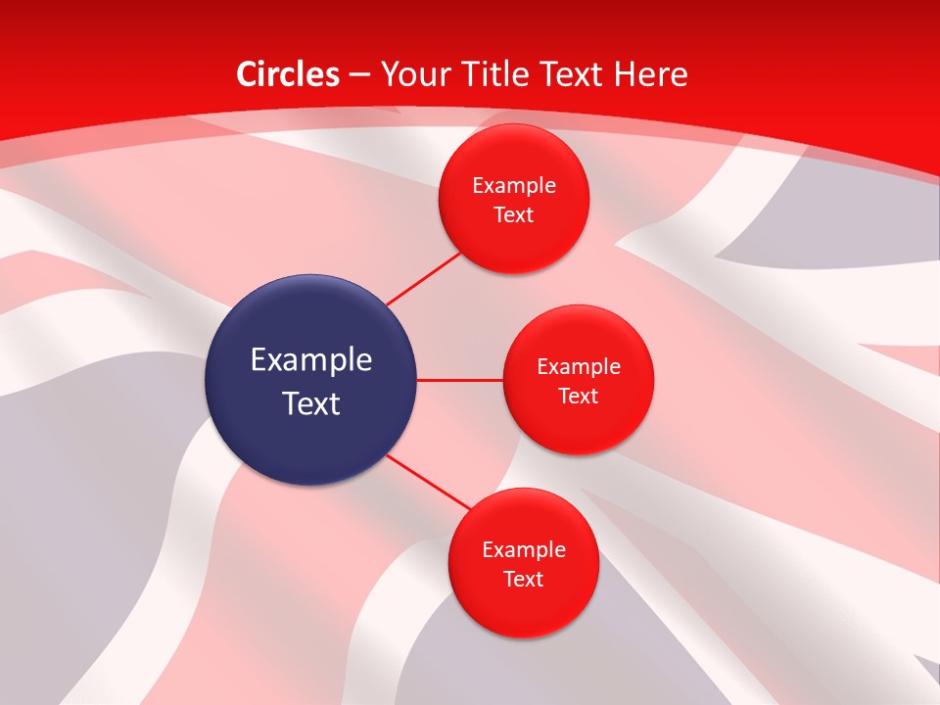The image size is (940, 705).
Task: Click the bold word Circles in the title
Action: tap(288, 74)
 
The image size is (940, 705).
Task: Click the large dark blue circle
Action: tap(310, 380)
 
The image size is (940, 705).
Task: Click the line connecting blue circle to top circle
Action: tap(423, 278)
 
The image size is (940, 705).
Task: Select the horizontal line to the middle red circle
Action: tap(459, 380)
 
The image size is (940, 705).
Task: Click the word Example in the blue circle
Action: tap(311, 360)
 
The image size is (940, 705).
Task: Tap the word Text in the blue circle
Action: tap(311, 403)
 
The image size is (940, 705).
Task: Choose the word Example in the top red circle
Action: tap(514, 185)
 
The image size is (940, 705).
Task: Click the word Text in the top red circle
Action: tap(513, 215)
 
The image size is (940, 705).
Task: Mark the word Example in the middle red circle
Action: tap(579, 367)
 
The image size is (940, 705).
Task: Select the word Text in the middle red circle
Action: tap(578, 397)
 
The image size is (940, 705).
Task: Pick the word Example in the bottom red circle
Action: tap(524, 549)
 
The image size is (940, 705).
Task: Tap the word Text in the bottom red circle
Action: tap(523, 580)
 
